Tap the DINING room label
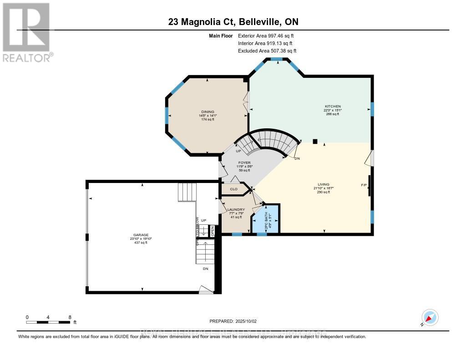208,112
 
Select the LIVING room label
323,184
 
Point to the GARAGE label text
141,235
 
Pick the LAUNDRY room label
236,210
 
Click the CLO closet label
233,188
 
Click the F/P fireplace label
364,185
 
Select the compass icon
429,318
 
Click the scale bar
48,322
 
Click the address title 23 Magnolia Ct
233,22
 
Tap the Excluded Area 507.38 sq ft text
270,51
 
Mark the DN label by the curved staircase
297,159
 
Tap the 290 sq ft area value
323,192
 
